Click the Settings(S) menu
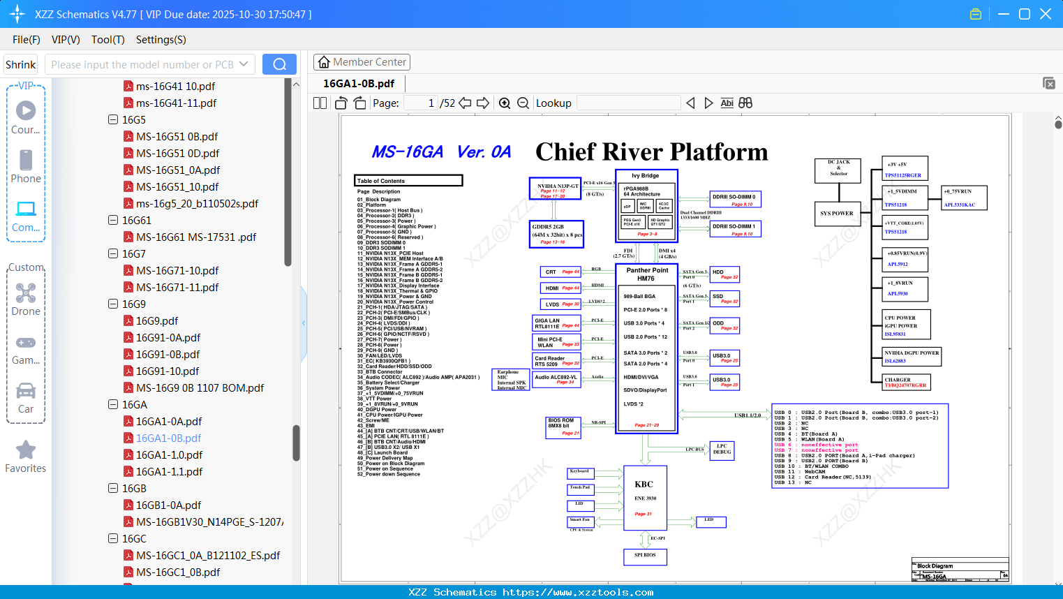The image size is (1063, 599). tap(161, 40)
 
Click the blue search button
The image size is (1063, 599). tap(279, 64)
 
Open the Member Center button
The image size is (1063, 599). tap(362, 62)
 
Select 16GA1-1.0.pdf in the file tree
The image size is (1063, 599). tap(169, 455)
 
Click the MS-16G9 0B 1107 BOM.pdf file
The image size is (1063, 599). tap(200, 388)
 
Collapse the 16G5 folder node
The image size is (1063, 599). tap(113, 119)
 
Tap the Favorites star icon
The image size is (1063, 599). tap(26, 450)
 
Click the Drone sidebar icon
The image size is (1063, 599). tap(26, 294)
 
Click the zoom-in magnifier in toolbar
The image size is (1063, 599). tap(505, 103)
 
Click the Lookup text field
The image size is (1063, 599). tap(628, 103)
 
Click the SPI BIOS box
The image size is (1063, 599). tap(645, 556)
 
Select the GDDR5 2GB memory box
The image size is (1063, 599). tap(556, 234)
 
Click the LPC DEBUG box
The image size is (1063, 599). tap(722, 450)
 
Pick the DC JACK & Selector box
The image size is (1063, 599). tap(838, 169)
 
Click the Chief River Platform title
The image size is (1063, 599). tap(651, 151)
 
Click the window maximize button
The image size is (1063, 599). tap(1025, 14)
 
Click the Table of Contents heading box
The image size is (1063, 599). tap(408, 181)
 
